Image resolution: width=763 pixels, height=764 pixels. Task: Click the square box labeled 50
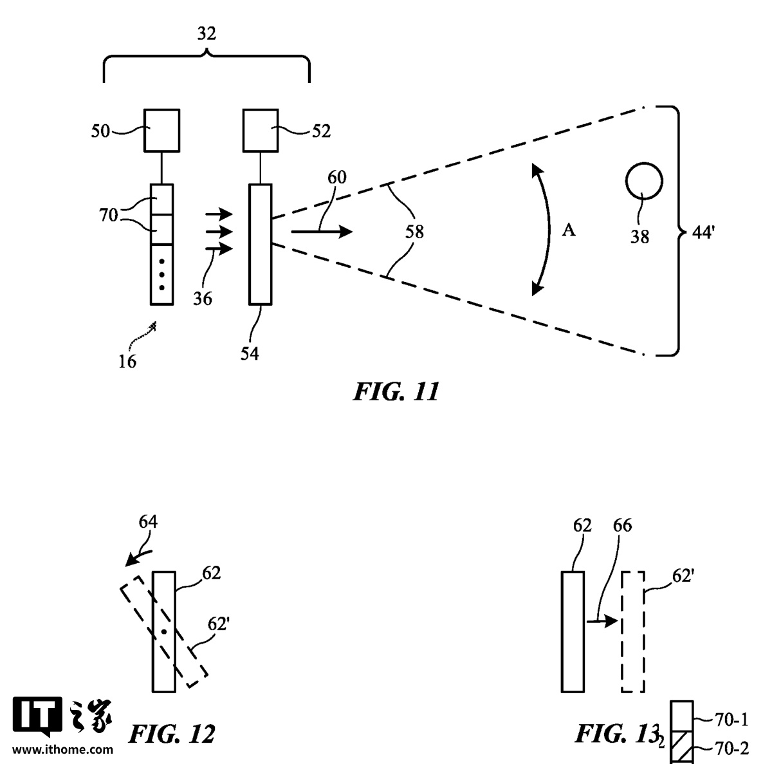pos(161,131)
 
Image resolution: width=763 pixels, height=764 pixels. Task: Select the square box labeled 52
pos(261,131)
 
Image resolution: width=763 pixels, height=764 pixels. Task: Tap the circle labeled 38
pos(644,182)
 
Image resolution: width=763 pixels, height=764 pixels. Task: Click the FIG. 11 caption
pos(396,391)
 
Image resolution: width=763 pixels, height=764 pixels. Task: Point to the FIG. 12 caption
pos(171,734)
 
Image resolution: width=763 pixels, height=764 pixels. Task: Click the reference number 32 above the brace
pos(207,33)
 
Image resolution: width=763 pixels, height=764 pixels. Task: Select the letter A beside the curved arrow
pos(568,230)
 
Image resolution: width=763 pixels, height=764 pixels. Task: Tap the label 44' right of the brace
pos(703,233)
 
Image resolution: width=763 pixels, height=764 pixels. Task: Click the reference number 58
pos(414,232)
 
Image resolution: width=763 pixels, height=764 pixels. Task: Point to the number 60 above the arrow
pos(337,177)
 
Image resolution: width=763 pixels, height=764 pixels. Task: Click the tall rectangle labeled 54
pos(261,244)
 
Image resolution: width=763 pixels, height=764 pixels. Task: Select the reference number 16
pos(127,362)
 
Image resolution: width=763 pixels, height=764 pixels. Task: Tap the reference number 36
pos(203,299)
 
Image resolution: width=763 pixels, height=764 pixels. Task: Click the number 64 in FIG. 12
pos(148,522)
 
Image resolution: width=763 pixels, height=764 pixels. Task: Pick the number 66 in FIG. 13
pos(622,525)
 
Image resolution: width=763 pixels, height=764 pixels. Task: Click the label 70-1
pos(731,719)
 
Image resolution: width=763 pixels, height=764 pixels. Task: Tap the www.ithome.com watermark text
pos(62,749)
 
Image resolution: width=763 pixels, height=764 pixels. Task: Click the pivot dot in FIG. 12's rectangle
pos(164,632)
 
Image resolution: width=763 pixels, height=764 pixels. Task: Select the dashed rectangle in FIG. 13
pos(633,632)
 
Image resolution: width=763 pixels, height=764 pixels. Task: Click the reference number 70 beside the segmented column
pos(109,215)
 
